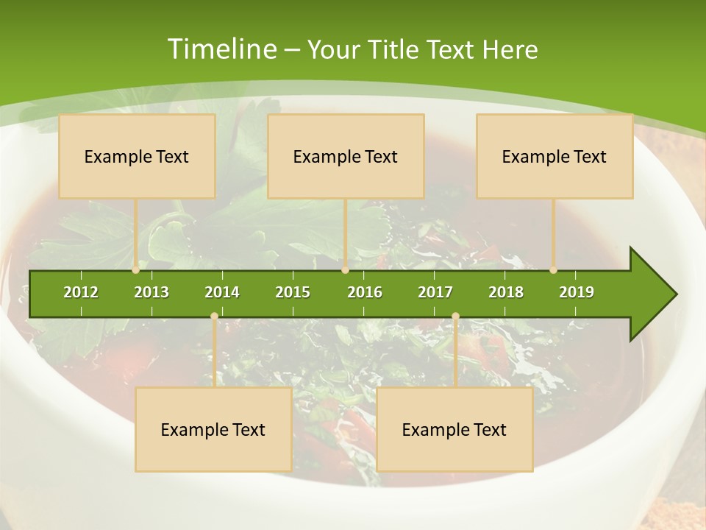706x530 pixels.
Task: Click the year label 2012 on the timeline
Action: coord(81,292)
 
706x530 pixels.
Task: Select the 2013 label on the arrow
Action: coord(151,292)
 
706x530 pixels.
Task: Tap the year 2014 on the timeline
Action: coord(222,292)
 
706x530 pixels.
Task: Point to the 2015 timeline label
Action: coord(293,292)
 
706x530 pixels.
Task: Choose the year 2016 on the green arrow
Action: coord(365,292)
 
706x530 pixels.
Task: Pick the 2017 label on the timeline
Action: coord(435,292)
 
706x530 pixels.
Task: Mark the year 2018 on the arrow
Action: coord(506,292)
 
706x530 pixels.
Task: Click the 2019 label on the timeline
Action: coord(577,292)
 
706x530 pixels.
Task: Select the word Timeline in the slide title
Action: coord(221,49)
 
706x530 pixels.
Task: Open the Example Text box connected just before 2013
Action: coord(137,156)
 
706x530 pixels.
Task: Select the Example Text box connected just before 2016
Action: coord(346,156)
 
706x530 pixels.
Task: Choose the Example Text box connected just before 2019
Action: coord(555,156)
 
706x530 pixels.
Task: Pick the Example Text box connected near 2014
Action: coord(213,429)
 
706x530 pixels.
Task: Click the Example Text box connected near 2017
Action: coord(454,429)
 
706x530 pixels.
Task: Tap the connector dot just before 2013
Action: coord(136,270)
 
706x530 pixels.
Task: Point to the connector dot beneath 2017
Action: coord(455,317)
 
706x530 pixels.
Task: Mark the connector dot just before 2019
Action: coord(554,270)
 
